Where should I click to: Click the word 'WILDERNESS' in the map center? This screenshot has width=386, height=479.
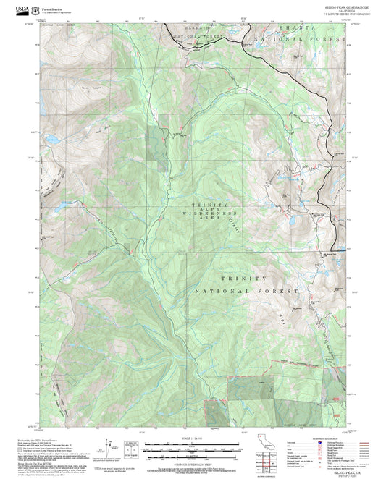205,215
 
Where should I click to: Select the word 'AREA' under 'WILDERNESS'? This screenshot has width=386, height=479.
205,220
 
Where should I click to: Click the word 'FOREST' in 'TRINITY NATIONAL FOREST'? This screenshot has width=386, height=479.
280,290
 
